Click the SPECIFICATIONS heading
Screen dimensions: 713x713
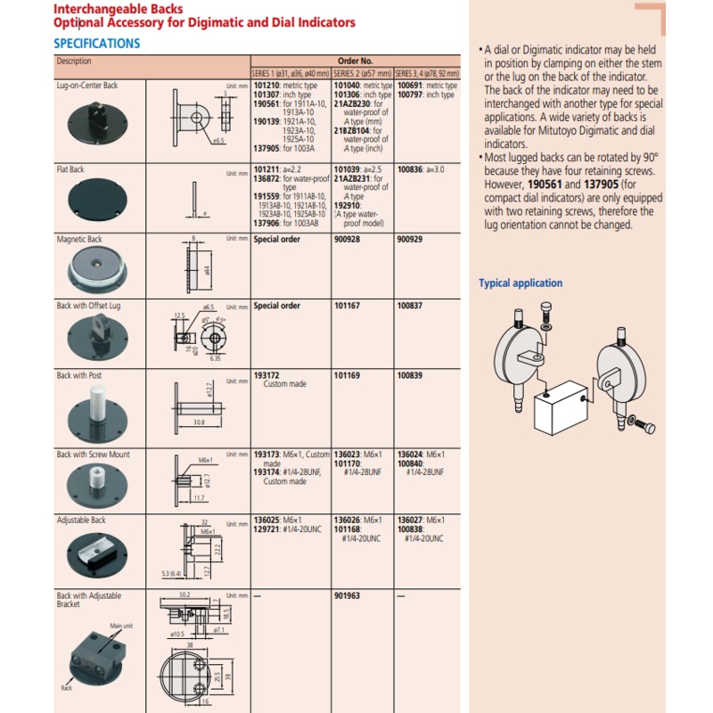click(x=96, y=43)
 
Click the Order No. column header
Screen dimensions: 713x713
click(x=355, y=61)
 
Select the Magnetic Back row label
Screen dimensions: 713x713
click(x=79, y=240)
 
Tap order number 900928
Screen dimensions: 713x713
click(x=347, y=240)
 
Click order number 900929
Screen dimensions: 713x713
click(x=411, y=240)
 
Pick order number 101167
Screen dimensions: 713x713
click(x=347, y=306)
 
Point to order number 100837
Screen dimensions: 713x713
click(x=411, y=306)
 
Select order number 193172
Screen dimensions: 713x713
click(x=266, y=375)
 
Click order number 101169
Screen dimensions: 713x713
click(x=347, y=375)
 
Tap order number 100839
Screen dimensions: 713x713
click(x=411, y=375)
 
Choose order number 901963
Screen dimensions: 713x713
click(x=347, y=595)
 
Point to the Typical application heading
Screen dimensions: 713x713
click(x=520, y=283)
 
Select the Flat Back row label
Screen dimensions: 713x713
click(x=70, y=168)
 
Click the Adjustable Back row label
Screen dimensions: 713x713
click(x=81, y=520)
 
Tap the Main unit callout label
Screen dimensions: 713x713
click(x=122, y=627)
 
